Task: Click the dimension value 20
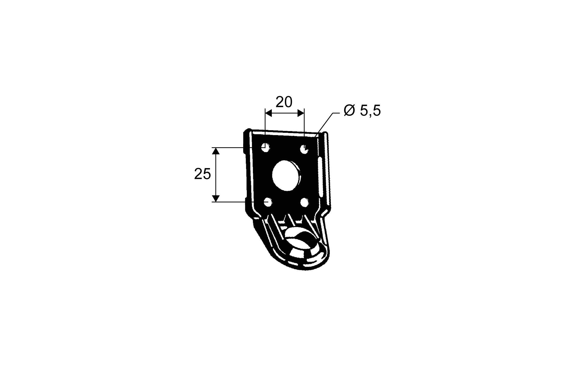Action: click(284, 102)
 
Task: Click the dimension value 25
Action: click(203, 174)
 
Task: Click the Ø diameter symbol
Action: click(349, 111)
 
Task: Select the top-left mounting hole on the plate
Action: click(265, 147)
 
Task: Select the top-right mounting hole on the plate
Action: click(304, 148)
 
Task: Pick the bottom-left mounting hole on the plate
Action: click(268, 202)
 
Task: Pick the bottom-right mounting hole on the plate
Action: click(304, 203)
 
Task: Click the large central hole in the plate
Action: click(285, 176)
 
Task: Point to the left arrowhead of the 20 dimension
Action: click(269, 113)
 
